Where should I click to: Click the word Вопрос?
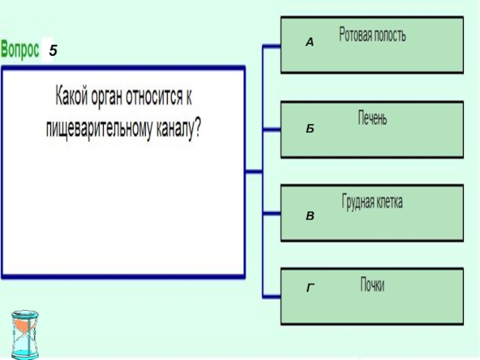tap(20, 50)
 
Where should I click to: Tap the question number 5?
tap(53, 52)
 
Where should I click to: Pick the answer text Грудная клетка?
tap(372, 202)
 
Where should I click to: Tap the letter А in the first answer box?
tap(309, 43)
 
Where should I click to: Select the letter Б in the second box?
tap(309, 128)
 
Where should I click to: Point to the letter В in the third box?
tap(309, 214)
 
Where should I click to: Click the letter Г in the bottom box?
tap(310, 289)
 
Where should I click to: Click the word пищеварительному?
tap(101, 128)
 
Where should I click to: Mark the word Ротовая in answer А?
tap(355, 35)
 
